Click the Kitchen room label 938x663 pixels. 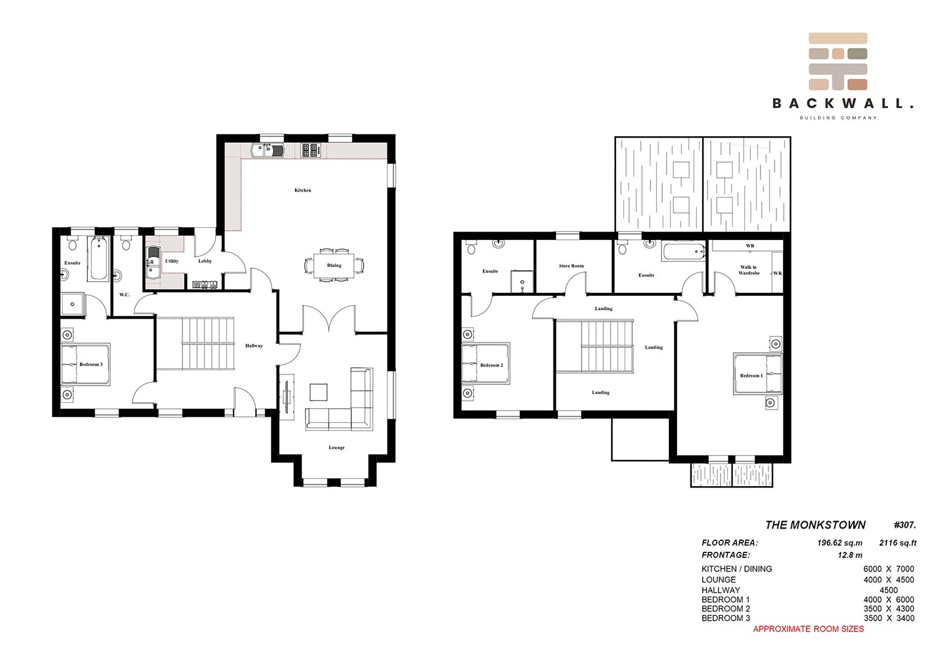tap(303, 190)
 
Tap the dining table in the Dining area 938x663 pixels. tap(334, 266)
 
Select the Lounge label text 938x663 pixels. tap(337, 448)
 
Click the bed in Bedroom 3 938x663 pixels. tap(85, 365)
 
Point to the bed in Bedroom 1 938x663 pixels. tap(757, 374)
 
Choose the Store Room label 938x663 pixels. tap(571, 266)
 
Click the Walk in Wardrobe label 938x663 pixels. tap(749, 270)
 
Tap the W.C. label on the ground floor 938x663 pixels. tap(124, 295)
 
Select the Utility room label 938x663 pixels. tap(171, 261)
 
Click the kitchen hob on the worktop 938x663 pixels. tap(311, 150)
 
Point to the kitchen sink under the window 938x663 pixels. tap(268, 150)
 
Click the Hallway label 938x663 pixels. tap(254, 346)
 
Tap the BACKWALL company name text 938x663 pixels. tap(843, 103)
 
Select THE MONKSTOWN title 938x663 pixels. tap(815, 525)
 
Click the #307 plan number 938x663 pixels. tap(905, 525)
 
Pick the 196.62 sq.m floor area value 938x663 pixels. tap(840, 543)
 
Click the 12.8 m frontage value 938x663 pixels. tap(850, 555)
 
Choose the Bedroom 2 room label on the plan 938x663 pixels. tap(491, 365)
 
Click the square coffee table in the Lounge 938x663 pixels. tap(319, 393)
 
